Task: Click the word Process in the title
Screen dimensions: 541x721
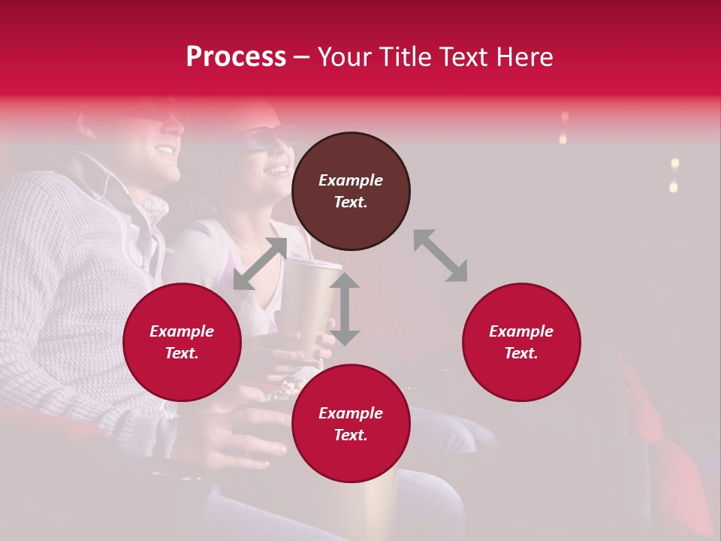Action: [236, 57]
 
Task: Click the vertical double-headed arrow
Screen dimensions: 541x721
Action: [345, 309]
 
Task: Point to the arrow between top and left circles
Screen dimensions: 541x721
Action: [260, 264]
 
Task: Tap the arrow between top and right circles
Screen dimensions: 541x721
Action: [440, 255]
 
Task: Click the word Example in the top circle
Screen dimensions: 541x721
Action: [351, 180]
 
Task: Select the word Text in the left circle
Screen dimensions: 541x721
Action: [182, 353]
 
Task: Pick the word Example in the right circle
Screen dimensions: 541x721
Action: [521, 331]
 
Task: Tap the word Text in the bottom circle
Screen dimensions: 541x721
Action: [351, 435]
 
